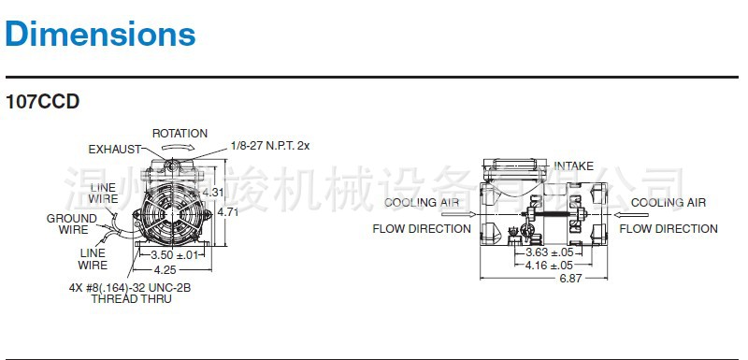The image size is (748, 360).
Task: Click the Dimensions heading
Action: coord(101,35)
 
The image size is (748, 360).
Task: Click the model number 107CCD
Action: coord(42,101)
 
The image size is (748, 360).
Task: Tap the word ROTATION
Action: coord(180,134)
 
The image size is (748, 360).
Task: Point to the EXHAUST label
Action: coord(114,149)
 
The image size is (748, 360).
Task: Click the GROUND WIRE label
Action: coord(73,223)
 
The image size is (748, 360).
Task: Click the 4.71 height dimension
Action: coord(228,212)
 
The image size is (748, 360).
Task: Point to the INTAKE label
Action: coord(573,166)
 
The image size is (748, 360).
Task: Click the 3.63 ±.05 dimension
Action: coord(549,252)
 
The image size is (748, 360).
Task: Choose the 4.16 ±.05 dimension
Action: coord(549,266)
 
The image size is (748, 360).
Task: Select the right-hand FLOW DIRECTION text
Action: coord(669,228)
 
